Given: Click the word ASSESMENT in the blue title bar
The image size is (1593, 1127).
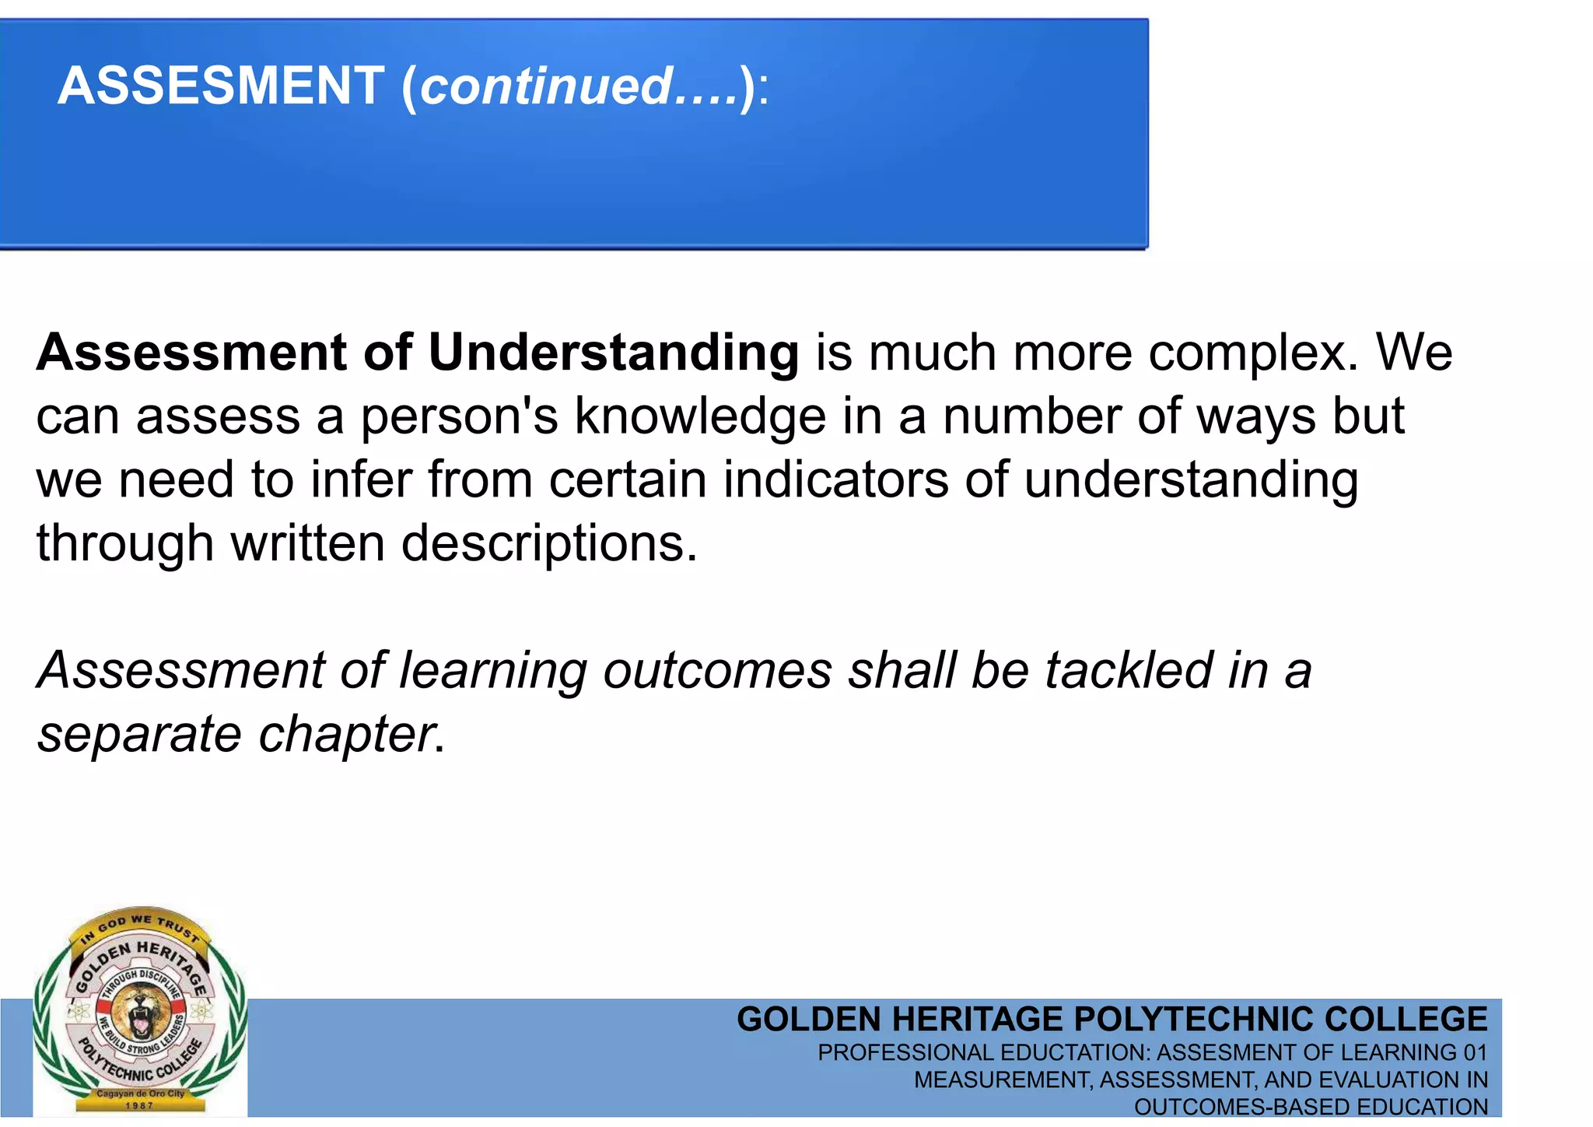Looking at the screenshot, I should tap(221, 86).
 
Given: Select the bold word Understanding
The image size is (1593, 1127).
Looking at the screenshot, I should tap(613, 353).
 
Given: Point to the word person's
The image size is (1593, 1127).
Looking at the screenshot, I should tap(459, 417).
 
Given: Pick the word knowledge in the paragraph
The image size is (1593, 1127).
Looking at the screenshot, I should tap(700, 417).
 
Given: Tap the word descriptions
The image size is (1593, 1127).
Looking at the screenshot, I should tap(549, 543).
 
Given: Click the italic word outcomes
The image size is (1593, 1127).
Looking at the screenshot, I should tap(717, 671).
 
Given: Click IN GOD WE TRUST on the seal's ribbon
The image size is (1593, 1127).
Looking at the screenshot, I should tap(140, 925).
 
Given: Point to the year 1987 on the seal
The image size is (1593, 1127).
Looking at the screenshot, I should tap(139, 1105).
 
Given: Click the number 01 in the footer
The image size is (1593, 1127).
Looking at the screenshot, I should tap(1475, 1053).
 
